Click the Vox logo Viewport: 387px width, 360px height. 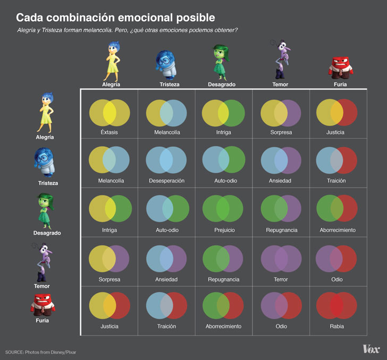pos(371,349)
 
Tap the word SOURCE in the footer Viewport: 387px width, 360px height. pos(16,352)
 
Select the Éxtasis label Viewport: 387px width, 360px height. pos(109,132)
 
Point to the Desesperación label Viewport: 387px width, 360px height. pos(166,181)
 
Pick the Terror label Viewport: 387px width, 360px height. pos(281,279)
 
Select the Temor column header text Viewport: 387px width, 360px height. pos(280,85)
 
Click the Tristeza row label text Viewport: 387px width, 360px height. pos(48,183)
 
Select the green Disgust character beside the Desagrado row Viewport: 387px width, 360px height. pos(46,210)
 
